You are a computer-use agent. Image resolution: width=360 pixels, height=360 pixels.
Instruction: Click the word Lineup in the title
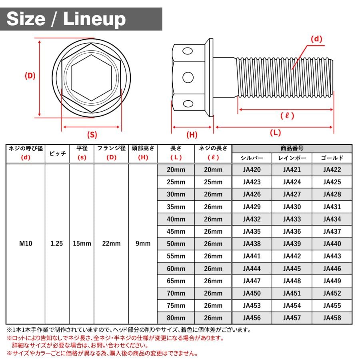(x=94, y=19)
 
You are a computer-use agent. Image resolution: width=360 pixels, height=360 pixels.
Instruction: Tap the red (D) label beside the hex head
(x=30, y=76)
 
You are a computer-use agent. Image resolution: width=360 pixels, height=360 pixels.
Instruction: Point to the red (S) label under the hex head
(x=92, y=134)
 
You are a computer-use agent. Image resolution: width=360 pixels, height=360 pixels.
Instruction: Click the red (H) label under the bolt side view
(x=192, y=134)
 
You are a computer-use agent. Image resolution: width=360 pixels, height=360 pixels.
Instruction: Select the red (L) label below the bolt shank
(x=275, y=132)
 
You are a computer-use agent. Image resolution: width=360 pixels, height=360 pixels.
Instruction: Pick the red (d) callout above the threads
(x=316, y=39)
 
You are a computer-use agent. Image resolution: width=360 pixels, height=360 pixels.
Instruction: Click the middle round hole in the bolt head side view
(x=188, y=77)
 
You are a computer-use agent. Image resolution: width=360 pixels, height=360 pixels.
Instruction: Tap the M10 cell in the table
(x=26, y=243)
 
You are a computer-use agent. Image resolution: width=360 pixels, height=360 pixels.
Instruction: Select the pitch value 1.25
(x=57, y=243)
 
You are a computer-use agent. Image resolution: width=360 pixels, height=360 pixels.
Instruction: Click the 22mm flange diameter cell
(x=111, y=243)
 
